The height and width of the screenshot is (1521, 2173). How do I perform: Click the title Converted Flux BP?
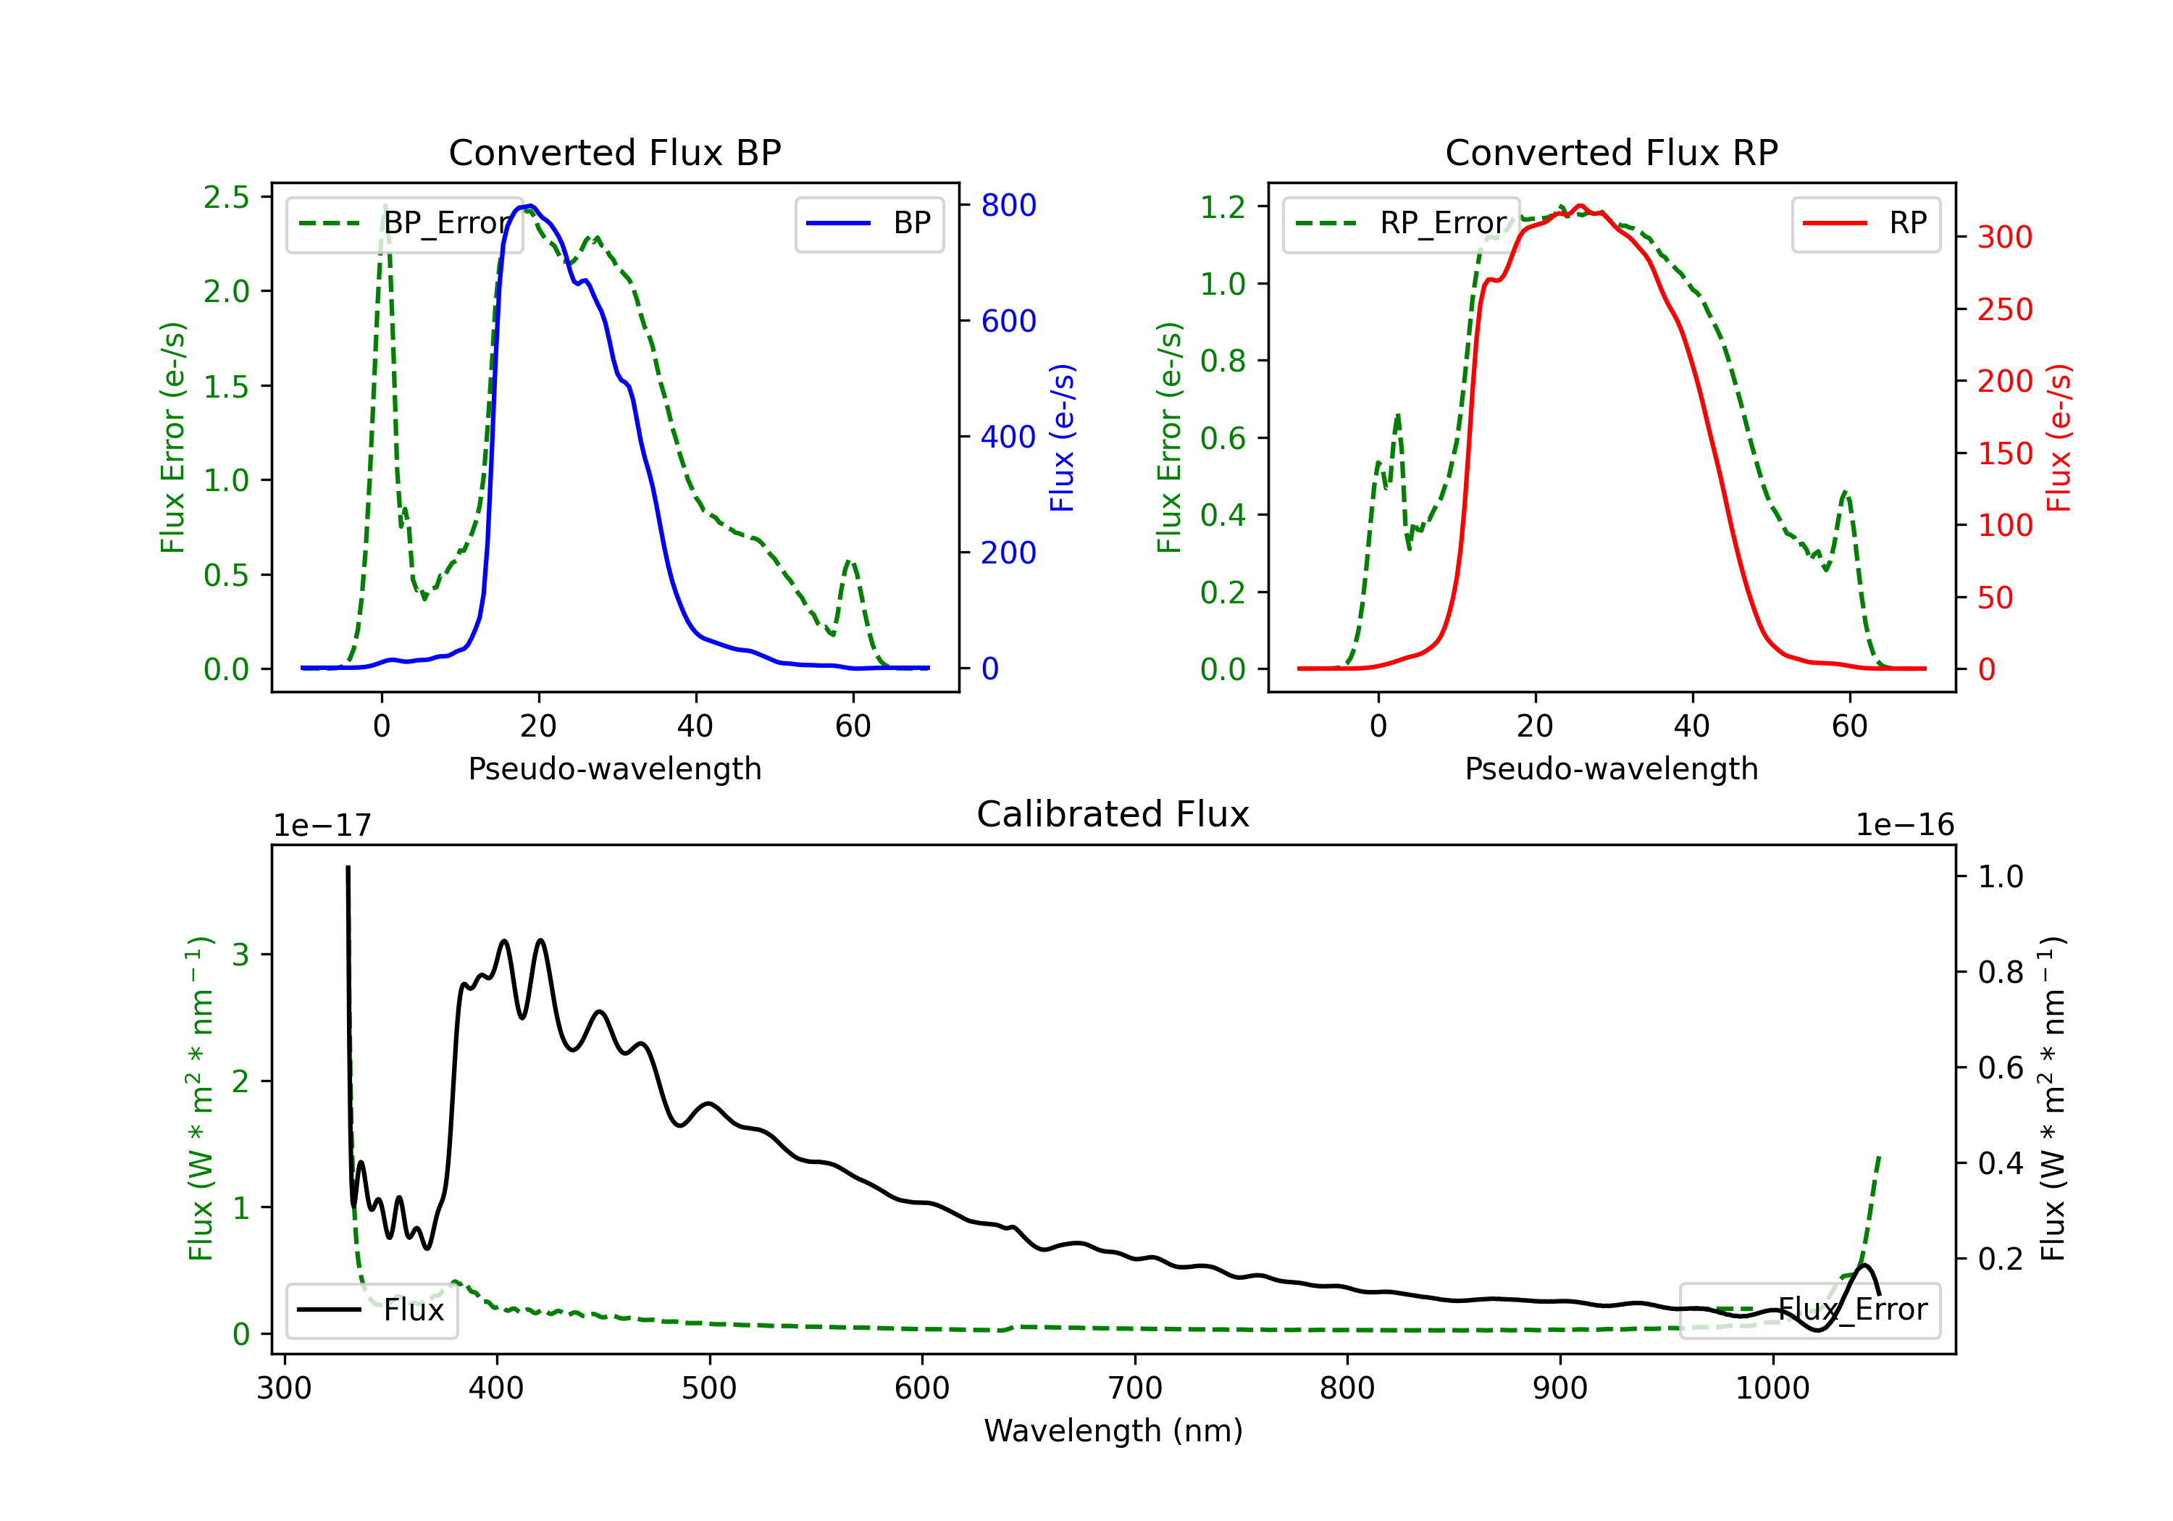click(x=615, y=152)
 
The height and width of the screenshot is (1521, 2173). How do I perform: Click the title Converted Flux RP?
click(x=1612, y=152)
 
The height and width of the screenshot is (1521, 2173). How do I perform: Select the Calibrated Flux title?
click(x=1113, y=814)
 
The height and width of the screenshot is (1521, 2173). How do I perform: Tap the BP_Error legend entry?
click(x=404, y=223)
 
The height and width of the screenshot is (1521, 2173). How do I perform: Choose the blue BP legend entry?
click(x=868, y=223)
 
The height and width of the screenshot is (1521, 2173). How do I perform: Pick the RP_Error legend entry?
click(x=1401, y=223)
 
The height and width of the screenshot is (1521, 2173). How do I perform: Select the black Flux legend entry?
click(x=371, y=1310)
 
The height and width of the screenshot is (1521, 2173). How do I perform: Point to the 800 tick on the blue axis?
click(x=1009, y=206)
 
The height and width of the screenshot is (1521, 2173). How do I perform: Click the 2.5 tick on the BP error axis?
click(x=226, y=197)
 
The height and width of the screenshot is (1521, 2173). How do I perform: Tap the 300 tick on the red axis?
click(x=2004, y=237)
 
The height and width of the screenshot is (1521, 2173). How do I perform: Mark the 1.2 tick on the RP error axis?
click(x=1223, y=206)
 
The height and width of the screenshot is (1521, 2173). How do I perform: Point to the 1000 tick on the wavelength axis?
click(x=1772, y=1388)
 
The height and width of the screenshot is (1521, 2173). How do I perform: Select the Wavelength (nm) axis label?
click(x=1114, y=1430)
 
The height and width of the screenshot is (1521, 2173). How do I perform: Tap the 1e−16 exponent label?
click(x=1905, y=826)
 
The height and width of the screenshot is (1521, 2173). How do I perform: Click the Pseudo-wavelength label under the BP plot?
click(x=615, y=768)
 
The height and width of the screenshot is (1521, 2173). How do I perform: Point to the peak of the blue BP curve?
click(x=531, y=206)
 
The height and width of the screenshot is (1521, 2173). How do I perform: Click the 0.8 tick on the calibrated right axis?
click(x=2001, y=972)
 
